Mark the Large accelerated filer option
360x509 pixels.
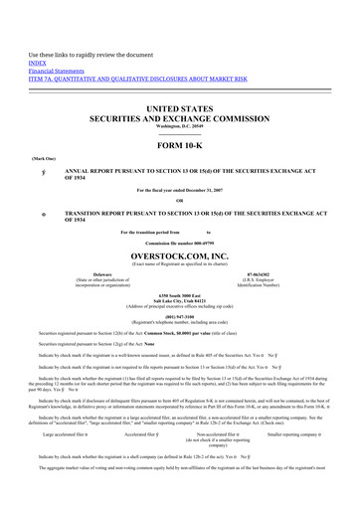click(68, 461)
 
